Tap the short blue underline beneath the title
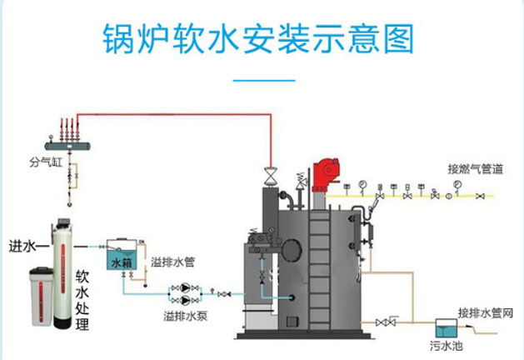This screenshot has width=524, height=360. [262, 81]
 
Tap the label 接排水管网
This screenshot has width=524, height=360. [485, 312]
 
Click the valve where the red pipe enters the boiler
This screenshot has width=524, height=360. [269, 176]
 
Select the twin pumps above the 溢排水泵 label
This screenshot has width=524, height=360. [183, 293]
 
